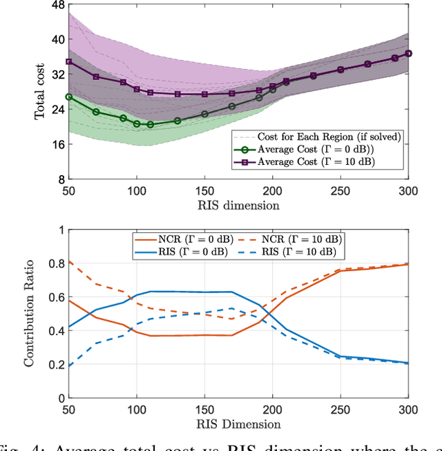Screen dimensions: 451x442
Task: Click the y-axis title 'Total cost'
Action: click(40, 92)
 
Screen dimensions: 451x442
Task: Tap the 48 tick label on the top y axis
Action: click(57, 5)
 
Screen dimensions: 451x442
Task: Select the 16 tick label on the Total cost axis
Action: click(57, 145)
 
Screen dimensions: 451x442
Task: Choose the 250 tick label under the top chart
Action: click(340, 190)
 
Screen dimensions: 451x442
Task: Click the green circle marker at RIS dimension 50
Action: click(68, 97)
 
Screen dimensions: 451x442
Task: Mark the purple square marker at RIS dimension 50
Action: click(68, 61)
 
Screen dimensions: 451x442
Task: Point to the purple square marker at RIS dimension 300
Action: click(408, 53)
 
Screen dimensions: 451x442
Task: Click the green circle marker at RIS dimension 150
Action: click(204, 114)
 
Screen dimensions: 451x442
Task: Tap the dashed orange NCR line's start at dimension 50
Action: click(68, 261)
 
